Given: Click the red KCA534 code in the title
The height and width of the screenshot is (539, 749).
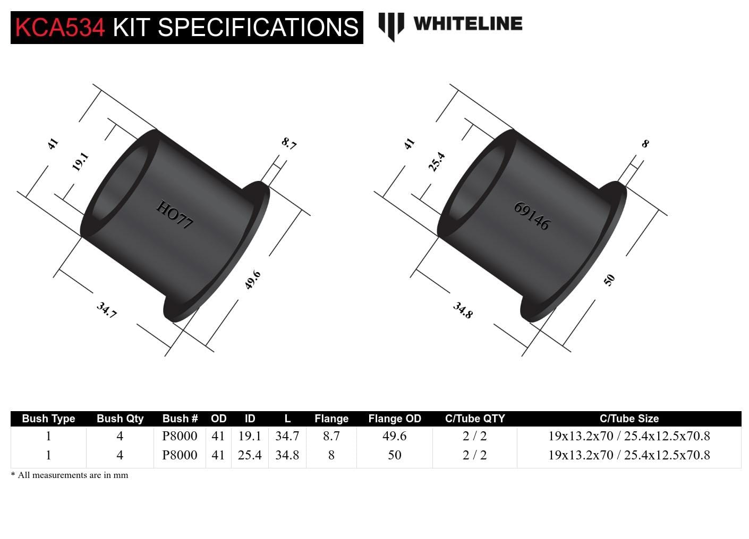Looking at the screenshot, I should click(x=60, y=27).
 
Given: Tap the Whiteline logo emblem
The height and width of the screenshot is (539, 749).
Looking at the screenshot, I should click(x=390, y=25).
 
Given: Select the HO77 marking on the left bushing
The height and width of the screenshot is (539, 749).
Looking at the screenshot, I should click(x=174, y=215).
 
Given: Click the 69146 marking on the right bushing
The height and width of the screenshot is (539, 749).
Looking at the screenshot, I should click(x=531, y=216).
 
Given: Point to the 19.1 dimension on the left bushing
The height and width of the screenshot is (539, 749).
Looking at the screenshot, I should click(x=80, y=161).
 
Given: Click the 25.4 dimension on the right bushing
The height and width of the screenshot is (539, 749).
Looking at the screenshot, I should click(x=437, y=161).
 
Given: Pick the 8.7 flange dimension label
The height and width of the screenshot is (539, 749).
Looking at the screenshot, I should click(x=289, y=143).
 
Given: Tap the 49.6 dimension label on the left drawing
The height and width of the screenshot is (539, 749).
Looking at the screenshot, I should click(x=252, y=280).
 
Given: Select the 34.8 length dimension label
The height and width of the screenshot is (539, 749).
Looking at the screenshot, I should click(x=463, y=310).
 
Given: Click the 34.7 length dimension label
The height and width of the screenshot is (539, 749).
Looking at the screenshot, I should click(x=106, y=310).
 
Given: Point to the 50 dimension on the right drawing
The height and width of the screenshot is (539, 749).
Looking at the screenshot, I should click(x=609, y=280).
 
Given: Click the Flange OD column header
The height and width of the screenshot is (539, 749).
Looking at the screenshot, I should click(x=394, y=419).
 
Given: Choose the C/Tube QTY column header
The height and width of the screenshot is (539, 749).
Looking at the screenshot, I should click(x=474, y=419).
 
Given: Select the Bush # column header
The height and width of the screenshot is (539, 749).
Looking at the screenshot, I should click(x=180, y=419).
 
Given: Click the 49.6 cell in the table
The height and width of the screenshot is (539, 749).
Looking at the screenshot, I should click(x=394, y=436).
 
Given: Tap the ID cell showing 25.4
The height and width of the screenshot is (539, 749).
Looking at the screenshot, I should click(x=250, y=455).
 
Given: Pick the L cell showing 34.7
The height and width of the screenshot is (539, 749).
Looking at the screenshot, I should click(x=287, y=436).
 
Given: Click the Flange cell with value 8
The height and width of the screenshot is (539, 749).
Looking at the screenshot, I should click(x=331, y=455).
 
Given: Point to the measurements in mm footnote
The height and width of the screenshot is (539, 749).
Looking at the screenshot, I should click(x=70, y=475).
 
